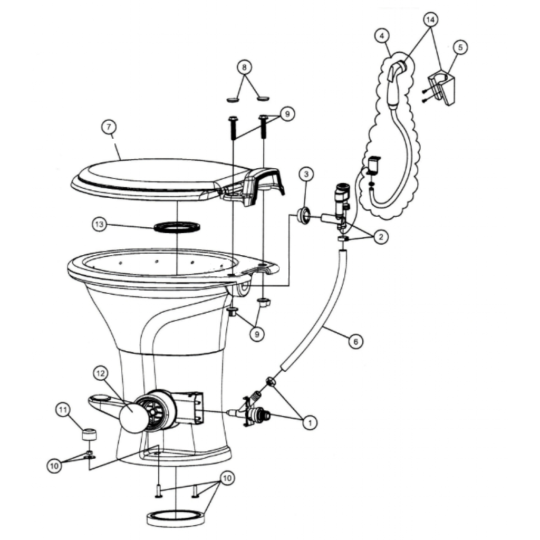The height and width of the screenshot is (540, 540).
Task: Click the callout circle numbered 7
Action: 109,127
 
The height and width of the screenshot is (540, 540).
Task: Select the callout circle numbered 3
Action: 306,174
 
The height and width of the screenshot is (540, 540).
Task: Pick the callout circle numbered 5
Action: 461,47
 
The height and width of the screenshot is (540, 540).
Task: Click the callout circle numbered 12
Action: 101,374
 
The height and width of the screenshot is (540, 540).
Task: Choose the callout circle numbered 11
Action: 63,410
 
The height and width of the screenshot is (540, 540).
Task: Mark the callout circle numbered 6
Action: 355,341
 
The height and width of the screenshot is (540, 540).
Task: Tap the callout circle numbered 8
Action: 244,67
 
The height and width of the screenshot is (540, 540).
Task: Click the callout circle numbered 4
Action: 382,36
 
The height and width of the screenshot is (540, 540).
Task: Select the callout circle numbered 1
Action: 310,422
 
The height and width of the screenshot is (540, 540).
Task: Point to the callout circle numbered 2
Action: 381,237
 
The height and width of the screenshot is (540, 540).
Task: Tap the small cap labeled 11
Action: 89,435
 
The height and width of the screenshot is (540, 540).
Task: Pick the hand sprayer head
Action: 396,83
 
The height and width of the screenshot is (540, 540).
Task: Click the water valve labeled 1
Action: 255,410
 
